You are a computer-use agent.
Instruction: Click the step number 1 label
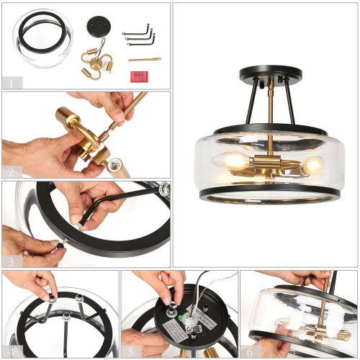(11, 82)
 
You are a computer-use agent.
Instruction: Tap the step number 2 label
(11, 173)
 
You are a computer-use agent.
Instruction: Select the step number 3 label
(11, 261)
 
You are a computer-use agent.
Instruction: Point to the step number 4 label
(11, 351)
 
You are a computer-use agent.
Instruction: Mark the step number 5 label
(130, 351)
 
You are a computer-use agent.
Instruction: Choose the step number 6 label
(249, 351)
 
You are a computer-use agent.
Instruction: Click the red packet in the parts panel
(138, 75)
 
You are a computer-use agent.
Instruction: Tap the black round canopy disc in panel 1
(96, 24)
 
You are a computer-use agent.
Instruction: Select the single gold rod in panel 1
(145, 59)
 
